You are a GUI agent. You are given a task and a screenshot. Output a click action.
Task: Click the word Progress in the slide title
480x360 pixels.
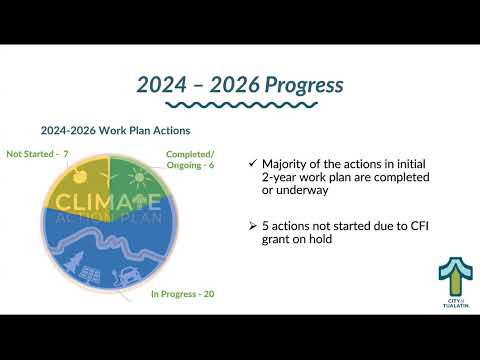[x=304, y=85]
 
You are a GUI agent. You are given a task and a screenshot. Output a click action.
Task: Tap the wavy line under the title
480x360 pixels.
[x=242, y=105]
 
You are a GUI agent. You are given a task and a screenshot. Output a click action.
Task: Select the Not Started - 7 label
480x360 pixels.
[x=37, y=154]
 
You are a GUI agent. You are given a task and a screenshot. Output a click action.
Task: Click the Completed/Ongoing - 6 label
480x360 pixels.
[x=190, y=160]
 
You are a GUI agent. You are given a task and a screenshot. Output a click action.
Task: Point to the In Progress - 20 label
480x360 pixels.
[x=183, y=294]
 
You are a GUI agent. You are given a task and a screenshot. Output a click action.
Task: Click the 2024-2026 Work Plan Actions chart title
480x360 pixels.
[x=115, y=130]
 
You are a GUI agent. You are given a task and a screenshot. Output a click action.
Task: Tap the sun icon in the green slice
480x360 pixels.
[x=139, y=177]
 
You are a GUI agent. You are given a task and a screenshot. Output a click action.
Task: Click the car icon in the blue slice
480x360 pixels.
[x=126, y=276]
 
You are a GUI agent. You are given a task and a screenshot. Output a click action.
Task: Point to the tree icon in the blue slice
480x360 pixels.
[x=74, y=261]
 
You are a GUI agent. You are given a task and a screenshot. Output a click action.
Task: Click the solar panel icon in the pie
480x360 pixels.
[x=90, y=275]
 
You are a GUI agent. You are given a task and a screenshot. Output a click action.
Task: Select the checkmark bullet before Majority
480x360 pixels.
[x=253, y=163]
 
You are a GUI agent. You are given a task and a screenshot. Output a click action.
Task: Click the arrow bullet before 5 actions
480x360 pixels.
[x=253, y=226]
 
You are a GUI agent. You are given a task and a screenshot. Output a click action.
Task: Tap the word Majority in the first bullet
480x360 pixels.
[x=283, y=164]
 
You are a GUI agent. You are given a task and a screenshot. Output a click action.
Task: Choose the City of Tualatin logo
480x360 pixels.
[x=456, y=282]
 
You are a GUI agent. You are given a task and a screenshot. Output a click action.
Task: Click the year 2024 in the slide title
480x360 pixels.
[x=161, y=85]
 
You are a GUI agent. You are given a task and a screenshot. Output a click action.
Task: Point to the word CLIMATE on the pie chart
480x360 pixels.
[x=108, y=202]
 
